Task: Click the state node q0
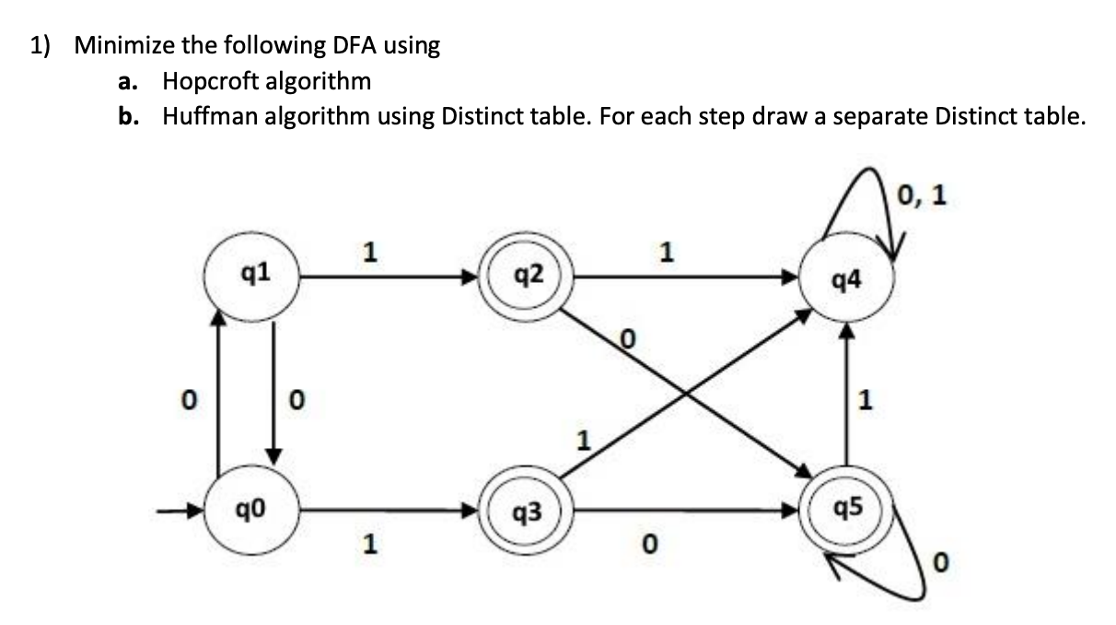251,510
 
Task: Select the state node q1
251,277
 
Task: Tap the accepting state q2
526,277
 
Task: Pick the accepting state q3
526,510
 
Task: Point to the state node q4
846,277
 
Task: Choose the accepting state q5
846,510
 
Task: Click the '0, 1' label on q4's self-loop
921,195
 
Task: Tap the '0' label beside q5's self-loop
940,562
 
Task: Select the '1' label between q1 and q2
369,252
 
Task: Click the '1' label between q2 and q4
666,252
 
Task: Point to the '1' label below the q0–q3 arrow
369,544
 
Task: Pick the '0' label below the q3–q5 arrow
650,544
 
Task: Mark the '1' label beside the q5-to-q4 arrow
865,399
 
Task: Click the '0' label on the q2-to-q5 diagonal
628,339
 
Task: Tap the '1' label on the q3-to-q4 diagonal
584,441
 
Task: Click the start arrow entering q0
180,511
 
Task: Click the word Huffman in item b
210,116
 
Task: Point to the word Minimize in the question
124,45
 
